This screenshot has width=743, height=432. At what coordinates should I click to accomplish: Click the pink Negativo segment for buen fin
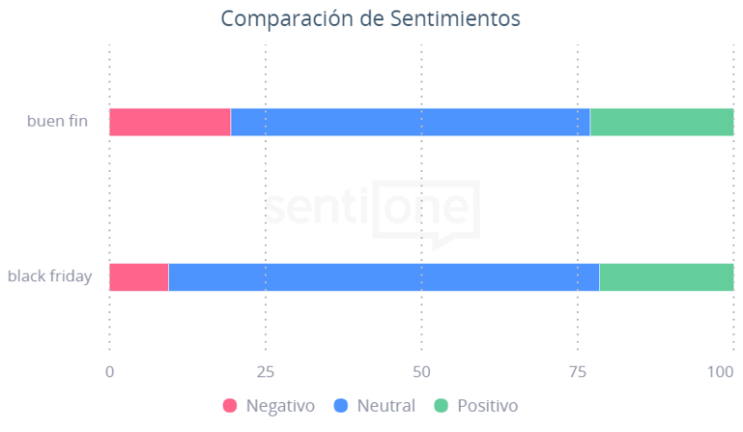[x=170, y=122]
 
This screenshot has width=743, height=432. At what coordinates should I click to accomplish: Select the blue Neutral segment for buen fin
[x=410, y=122]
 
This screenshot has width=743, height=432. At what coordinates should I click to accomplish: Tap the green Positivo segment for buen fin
[x=661, y=122]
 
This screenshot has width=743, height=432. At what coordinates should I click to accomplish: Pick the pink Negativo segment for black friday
[x=138, y=276]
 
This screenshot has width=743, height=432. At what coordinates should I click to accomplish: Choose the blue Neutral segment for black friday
[x=384, y=276]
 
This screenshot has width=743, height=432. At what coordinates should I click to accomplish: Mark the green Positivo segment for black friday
[x=666, y=276]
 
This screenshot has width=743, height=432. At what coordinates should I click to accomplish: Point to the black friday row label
[x=50, y=276]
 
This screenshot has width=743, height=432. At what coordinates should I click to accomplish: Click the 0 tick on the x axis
[x=109, y=371]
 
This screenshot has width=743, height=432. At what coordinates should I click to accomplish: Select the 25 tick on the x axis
[x=266, y=371]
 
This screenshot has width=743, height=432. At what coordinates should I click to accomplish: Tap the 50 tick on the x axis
[x=421, y=371]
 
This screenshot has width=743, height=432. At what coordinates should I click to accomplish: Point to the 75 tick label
[x=578, y=371]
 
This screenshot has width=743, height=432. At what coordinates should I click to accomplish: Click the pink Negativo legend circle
[x=230, y=406]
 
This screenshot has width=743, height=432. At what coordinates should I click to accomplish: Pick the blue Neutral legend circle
[x=341, y=406]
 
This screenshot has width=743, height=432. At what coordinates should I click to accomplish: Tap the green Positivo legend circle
[x=442, y=406]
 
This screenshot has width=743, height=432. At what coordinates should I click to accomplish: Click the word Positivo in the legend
[x=487, y=406]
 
